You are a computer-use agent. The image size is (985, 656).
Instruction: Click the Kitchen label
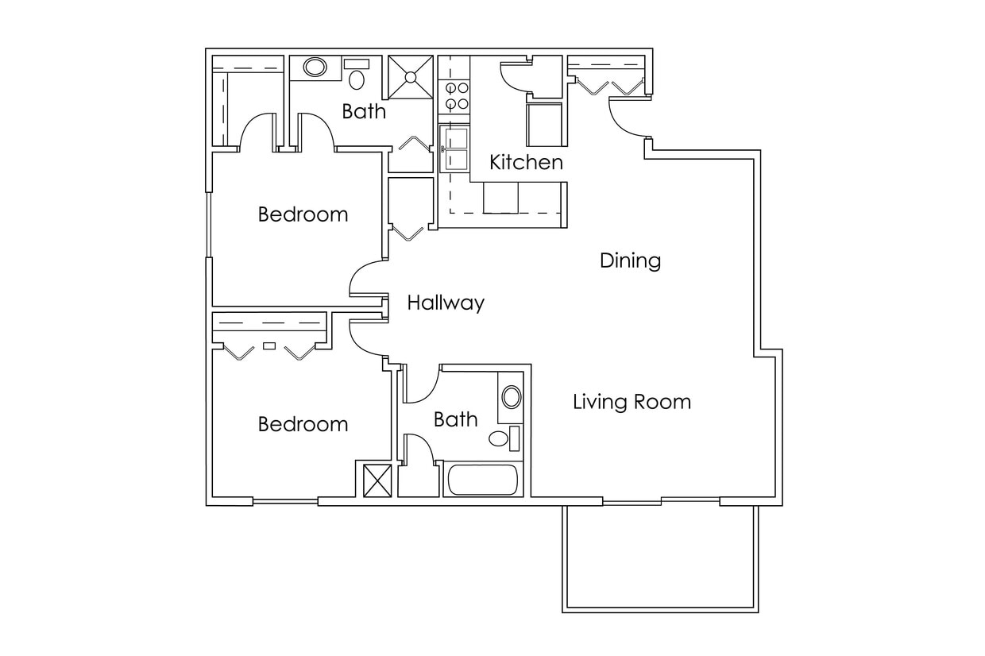(526, 163)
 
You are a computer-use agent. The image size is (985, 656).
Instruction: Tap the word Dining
(630, 260)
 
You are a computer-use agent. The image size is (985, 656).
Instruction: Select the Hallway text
(446, 303)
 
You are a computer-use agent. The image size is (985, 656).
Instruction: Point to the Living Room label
(632, 402)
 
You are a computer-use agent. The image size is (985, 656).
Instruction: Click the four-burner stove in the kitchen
(455, 96)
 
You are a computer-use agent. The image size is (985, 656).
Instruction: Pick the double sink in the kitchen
(454, 149)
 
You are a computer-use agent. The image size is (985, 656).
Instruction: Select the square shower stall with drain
(410, 77)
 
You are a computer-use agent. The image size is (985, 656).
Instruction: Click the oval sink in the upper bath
(315, 67)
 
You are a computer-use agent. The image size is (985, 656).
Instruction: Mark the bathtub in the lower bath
(482, 480)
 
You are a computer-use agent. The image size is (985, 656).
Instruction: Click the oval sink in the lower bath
(512, 396)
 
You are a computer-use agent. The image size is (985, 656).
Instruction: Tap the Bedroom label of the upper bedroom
(303, 214)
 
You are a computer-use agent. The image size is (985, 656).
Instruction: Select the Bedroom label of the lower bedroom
(303, 424)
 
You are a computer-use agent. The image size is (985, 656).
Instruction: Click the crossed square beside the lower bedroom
(377, 480)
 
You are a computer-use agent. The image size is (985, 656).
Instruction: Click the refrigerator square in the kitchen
(544, 125)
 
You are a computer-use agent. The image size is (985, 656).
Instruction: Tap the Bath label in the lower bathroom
(455, 419)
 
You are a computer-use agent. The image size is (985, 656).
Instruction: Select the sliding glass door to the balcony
(661, 500)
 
